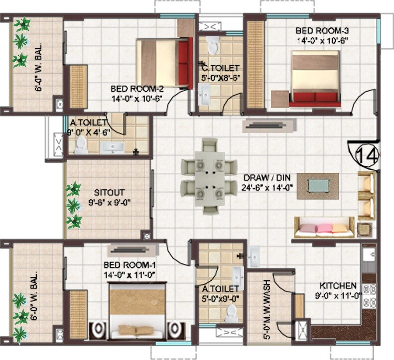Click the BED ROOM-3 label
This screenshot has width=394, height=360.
pos(317,31)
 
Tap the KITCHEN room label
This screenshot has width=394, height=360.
pos(338,286)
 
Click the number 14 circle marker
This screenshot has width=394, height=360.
pos(367,154)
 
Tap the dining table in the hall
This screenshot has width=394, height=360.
pos(209,176)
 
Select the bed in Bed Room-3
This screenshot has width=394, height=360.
pos(315,80)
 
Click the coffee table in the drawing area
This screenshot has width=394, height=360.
pos(318,186)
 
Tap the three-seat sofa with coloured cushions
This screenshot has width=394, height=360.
pos(324,228)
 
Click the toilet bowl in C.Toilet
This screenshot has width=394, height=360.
pos(213,45)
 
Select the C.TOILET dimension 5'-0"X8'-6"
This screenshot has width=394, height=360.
pos(221,78)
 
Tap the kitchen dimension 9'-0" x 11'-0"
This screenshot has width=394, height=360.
pos(338,295)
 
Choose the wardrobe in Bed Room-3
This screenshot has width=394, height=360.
pos(256,64)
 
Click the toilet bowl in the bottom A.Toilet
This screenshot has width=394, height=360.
pos(231,313)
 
